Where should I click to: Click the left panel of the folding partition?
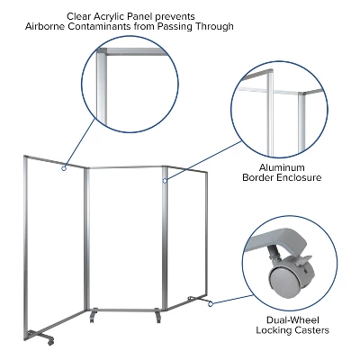55,238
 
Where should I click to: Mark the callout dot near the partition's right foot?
210,304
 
